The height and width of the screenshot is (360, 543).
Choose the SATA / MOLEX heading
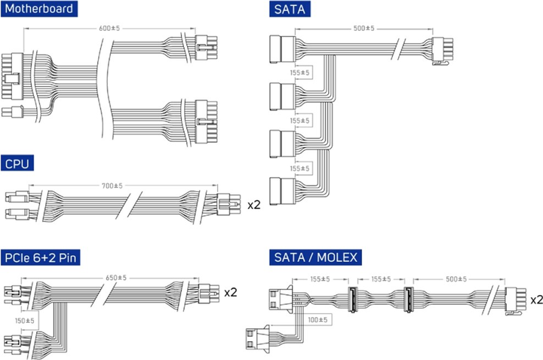[314, 257]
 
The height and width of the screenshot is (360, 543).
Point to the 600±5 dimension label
[110, 29]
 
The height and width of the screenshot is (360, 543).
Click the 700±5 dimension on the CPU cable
[113, 186]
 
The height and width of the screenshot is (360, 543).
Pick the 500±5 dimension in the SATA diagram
[364, 29]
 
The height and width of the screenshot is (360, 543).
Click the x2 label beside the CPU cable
[254, 204]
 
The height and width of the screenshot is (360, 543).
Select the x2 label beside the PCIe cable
[232, 292]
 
